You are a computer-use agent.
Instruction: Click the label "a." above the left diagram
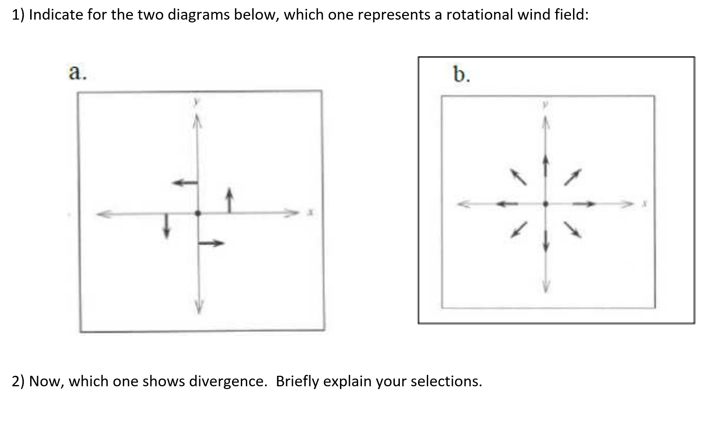tap(77, 72)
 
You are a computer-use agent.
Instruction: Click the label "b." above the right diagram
tap(461, 74)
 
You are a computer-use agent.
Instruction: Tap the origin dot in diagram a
tap(197, 213)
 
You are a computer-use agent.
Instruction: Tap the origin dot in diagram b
tap(545, 204)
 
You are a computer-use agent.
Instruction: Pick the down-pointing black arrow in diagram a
tap(166, 225)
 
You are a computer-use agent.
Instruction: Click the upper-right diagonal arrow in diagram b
tap(573, 177)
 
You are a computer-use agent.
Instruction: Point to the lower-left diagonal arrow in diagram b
tap(519, 230)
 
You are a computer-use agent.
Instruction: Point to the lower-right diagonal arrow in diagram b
tap(573, 230)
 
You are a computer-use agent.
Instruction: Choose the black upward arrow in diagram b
tap(545, 166)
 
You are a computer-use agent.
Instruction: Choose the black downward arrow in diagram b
tap(545, 240)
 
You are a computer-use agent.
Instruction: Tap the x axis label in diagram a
tap(310, 212)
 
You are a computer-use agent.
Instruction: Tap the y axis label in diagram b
tap(545, 105)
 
